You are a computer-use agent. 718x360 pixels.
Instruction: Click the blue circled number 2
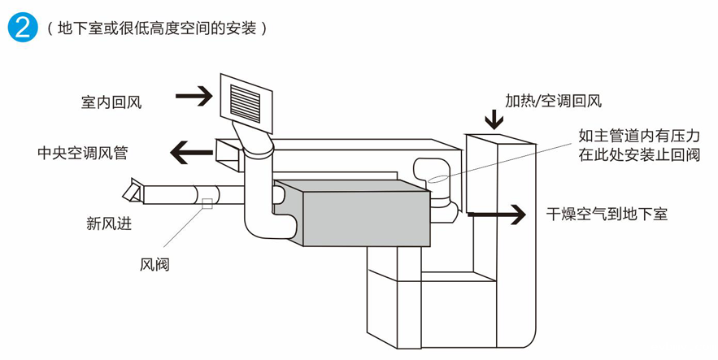[22, 27]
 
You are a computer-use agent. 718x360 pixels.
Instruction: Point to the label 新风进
[109, 223]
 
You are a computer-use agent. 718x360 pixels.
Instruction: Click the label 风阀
[154, 264]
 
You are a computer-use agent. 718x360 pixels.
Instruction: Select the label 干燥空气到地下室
[607, 215]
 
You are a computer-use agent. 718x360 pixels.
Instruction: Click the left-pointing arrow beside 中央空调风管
[189, 151]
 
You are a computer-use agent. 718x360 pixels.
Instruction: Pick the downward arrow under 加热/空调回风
[494, 119]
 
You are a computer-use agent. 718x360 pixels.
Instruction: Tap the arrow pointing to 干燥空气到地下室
[497, 215]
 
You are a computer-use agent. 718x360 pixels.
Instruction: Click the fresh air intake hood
[132, 192]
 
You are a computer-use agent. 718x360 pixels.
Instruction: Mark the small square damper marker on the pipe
[207, 202]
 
